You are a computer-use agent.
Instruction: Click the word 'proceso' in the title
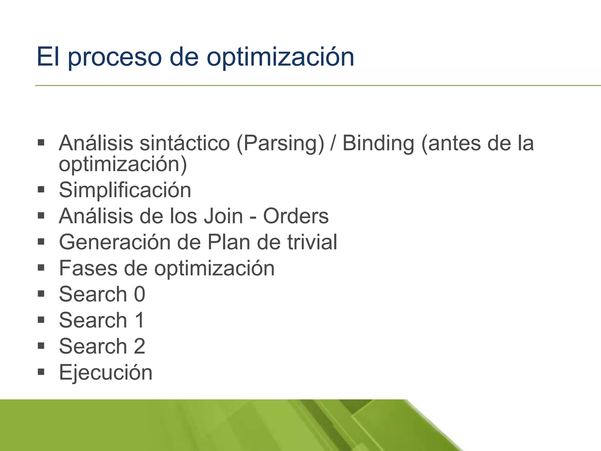(x=115, y=57)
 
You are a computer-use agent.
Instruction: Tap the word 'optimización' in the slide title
(x=280, y=57)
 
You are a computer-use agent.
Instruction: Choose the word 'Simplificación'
(x=125, y=190)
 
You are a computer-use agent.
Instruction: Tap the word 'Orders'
(x=296, y=216)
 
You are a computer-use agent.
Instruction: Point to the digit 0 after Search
(x=140, y=294)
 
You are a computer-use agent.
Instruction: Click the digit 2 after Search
(x=140, y=346)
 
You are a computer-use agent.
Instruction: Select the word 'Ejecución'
(x=106, y=372)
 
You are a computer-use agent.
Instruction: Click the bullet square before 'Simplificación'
(x=41, y=190)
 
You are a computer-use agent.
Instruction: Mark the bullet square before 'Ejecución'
(x=41, y=372)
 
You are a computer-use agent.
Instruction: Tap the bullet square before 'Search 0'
(x=41, y=294)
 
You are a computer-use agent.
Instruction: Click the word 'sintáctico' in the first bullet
(x=185, y=144)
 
